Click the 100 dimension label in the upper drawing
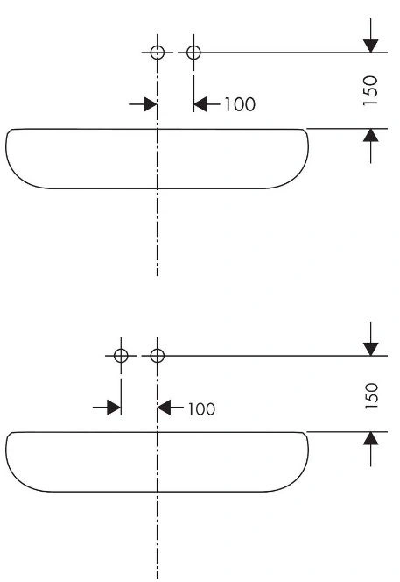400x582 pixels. point(240,104)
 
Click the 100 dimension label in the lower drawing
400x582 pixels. point(201,409)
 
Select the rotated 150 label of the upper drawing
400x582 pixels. point(370,90)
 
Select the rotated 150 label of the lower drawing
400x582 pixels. point(371,396)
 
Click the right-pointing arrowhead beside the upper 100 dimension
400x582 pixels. point(151,104)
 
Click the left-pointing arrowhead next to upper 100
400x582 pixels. point(200,104)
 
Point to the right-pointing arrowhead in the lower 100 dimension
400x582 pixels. point(114,408)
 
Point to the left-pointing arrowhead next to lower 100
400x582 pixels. point(165,408)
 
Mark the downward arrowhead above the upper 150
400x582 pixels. point(371,46)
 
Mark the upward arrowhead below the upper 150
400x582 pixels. point(371,135)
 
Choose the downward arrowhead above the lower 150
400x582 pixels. point(371,349)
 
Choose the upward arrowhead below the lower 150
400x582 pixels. point(371,438)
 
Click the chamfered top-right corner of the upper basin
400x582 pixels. point(305,131)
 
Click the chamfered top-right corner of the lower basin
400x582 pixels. point(305,434)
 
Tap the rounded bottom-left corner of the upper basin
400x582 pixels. point(19,177)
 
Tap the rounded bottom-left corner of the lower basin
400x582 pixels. point(19,480)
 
